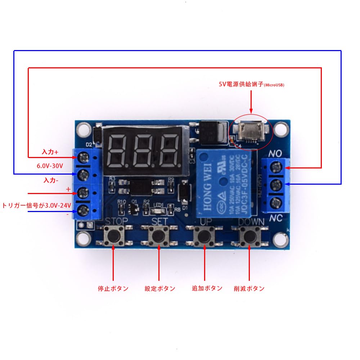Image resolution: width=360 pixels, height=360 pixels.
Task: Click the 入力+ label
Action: [50, 152]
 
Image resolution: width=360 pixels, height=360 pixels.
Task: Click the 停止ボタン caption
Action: [113, 288]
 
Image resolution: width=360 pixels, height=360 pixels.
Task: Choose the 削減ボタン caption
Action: [249, 288]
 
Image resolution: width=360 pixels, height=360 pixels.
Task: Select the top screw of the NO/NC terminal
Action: [276, 167]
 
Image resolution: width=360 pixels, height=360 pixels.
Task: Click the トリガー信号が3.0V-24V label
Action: [36, 206]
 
